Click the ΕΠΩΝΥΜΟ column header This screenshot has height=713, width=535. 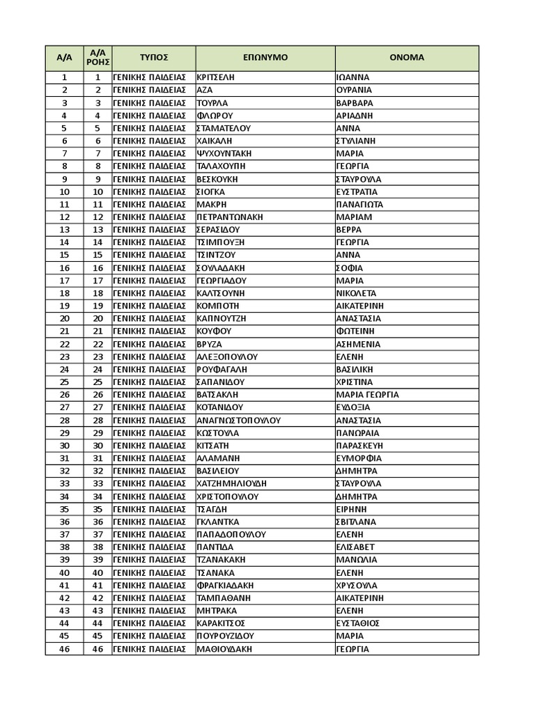click(265, 58)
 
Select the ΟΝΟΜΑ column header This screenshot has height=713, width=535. click(407, 58)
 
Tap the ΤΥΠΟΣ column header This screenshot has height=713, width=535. click(153, 58)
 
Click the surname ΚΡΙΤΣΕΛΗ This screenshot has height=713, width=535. click(216, 77)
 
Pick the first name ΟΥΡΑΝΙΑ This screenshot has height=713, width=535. click(354, 90)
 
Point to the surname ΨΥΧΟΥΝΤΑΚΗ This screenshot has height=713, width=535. click(224, 153)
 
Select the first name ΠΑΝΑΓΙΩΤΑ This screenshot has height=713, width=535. click(359, 205)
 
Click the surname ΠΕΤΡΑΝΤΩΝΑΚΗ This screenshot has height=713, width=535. click(230, 217)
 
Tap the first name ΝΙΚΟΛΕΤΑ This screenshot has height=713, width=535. click(356, 293)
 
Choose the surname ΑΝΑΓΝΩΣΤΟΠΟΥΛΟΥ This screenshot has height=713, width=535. click(239, 421)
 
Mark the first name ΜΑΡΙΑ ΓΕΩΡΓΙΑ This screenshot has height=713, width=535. click(368, 395)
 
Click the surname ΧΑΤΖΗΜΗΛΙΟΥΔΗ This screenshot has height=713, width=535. click(232, 484)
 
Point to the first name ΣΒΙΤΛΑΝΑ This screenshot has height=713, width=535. click(356, 522)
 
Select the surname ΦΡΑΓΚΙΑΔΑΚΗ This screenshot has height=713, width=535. click(225, 586)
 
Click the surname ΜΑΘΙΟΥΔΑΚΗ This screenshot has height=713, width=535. click(224, 649)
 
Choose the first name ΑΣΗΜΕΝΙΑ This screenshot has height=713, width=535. click(358, 344)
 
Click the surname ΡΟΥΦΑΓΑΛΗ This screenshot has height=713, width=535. click(222, 370)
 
